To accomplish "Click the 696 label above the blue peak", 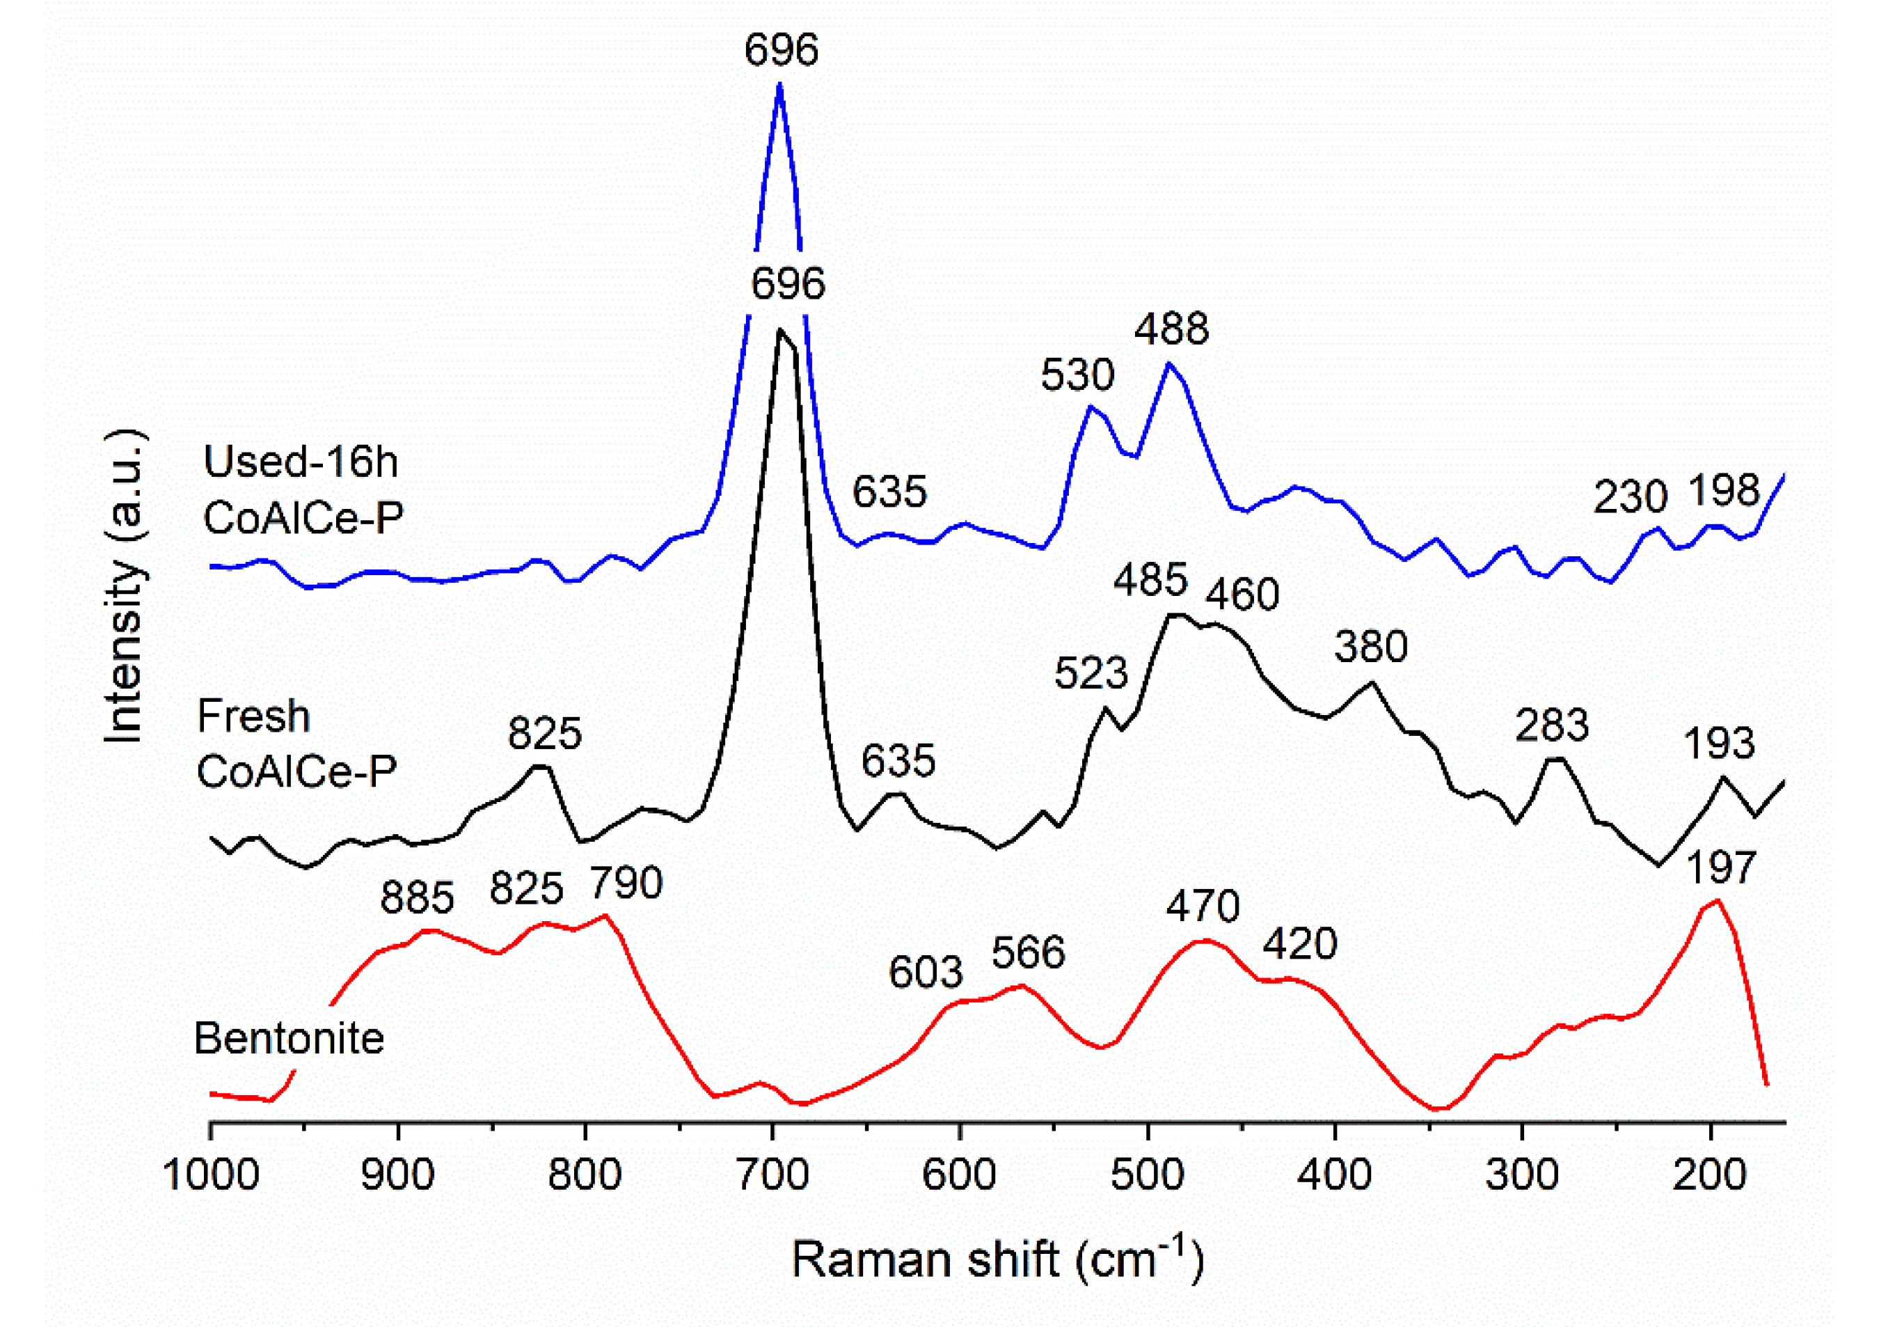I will pyautogui.click(x=781, y=50).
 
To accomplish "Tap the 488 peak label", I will pyautogui.click(x=1171, y=329).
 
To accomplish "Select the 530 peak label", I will pyautogui.click(x=1077, y=376).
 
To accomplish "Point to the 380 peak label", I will pyautogui.click(x=1371, y=647).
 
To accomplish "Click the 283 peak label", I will pyautogui.click(x=1552, y=725).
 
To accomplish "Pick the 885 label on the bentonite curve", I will pyautogui.click(x=417, y=897).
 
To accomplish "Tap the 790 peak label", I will pyautogui.click(x=626, y=884).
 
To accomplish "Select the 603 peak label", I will pyautogui.click(x=926, y=973).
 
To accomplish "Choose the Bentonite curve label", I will pyautogui.click(x=289, y=1039).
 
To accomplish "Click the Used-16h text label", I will pyautogui.click(x=301, y=462).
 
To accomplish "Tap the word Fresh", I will pyautogui.click(x=254, y=717).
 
